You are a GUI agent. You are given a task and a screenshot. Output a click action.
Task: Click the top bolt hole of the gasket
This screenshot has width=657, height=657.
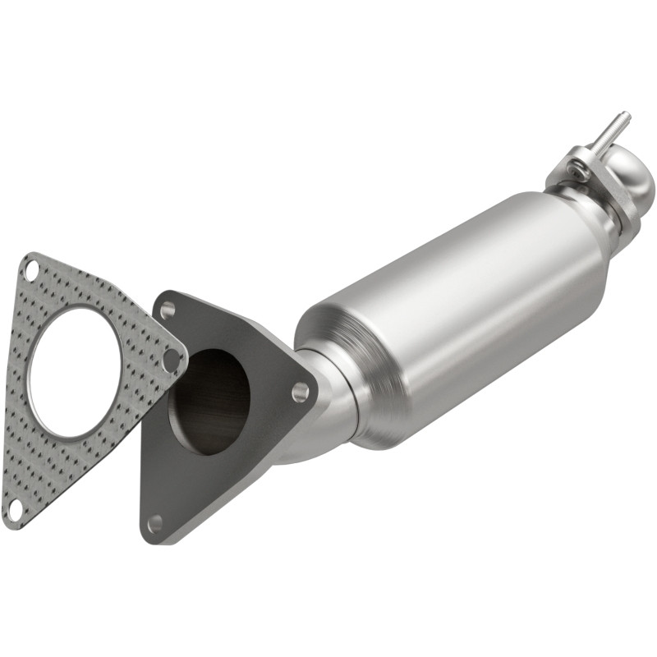click(x=32, y=269)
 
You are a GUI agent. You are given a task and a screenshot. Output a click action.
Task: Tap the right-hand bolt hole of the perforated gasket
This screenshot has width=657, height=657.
click(x=172, y=360)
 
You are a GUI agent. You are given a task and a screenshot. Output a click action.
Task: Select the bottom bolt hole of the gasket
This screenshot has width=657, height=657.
click(x=14, y=511)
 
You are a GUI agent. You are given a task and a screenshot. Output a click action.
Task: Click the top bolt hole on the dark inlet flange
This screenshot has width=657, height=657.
click(x=168, y=310)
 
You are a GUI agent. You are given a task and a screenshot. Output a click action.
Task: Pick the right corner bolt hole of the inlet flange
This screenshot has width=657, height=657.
click(x=301, y=392)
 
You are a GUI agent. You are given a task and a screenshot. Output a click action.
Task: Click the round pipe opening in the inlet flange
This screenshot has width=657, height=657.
click(x=209, y=402)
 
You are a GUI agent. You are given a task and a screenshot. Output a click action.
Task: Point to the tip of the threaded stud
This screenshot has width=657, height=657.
click(x=625, y=115)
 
